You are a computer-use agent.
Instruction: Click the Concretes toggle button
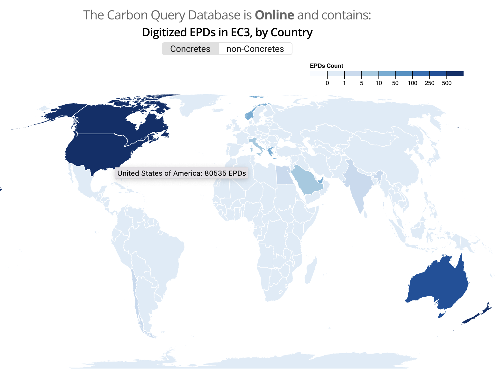pos(190,49)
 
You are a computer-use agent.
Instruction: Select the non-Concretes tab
pos(255,49)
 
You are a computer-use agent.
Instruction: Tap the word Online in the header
pos(274,15)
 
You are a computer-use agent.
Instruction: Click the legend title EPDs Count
pos(326,66)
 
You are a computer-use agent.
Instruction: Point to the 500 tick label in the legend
pos(447,83)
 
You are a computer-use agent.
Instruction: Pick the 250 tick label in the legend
pos(429,83)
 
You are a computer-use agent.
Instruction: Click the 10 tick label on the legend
pos(378,83)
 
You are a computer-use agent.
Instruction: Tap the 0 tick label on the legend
pos(327,83)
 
